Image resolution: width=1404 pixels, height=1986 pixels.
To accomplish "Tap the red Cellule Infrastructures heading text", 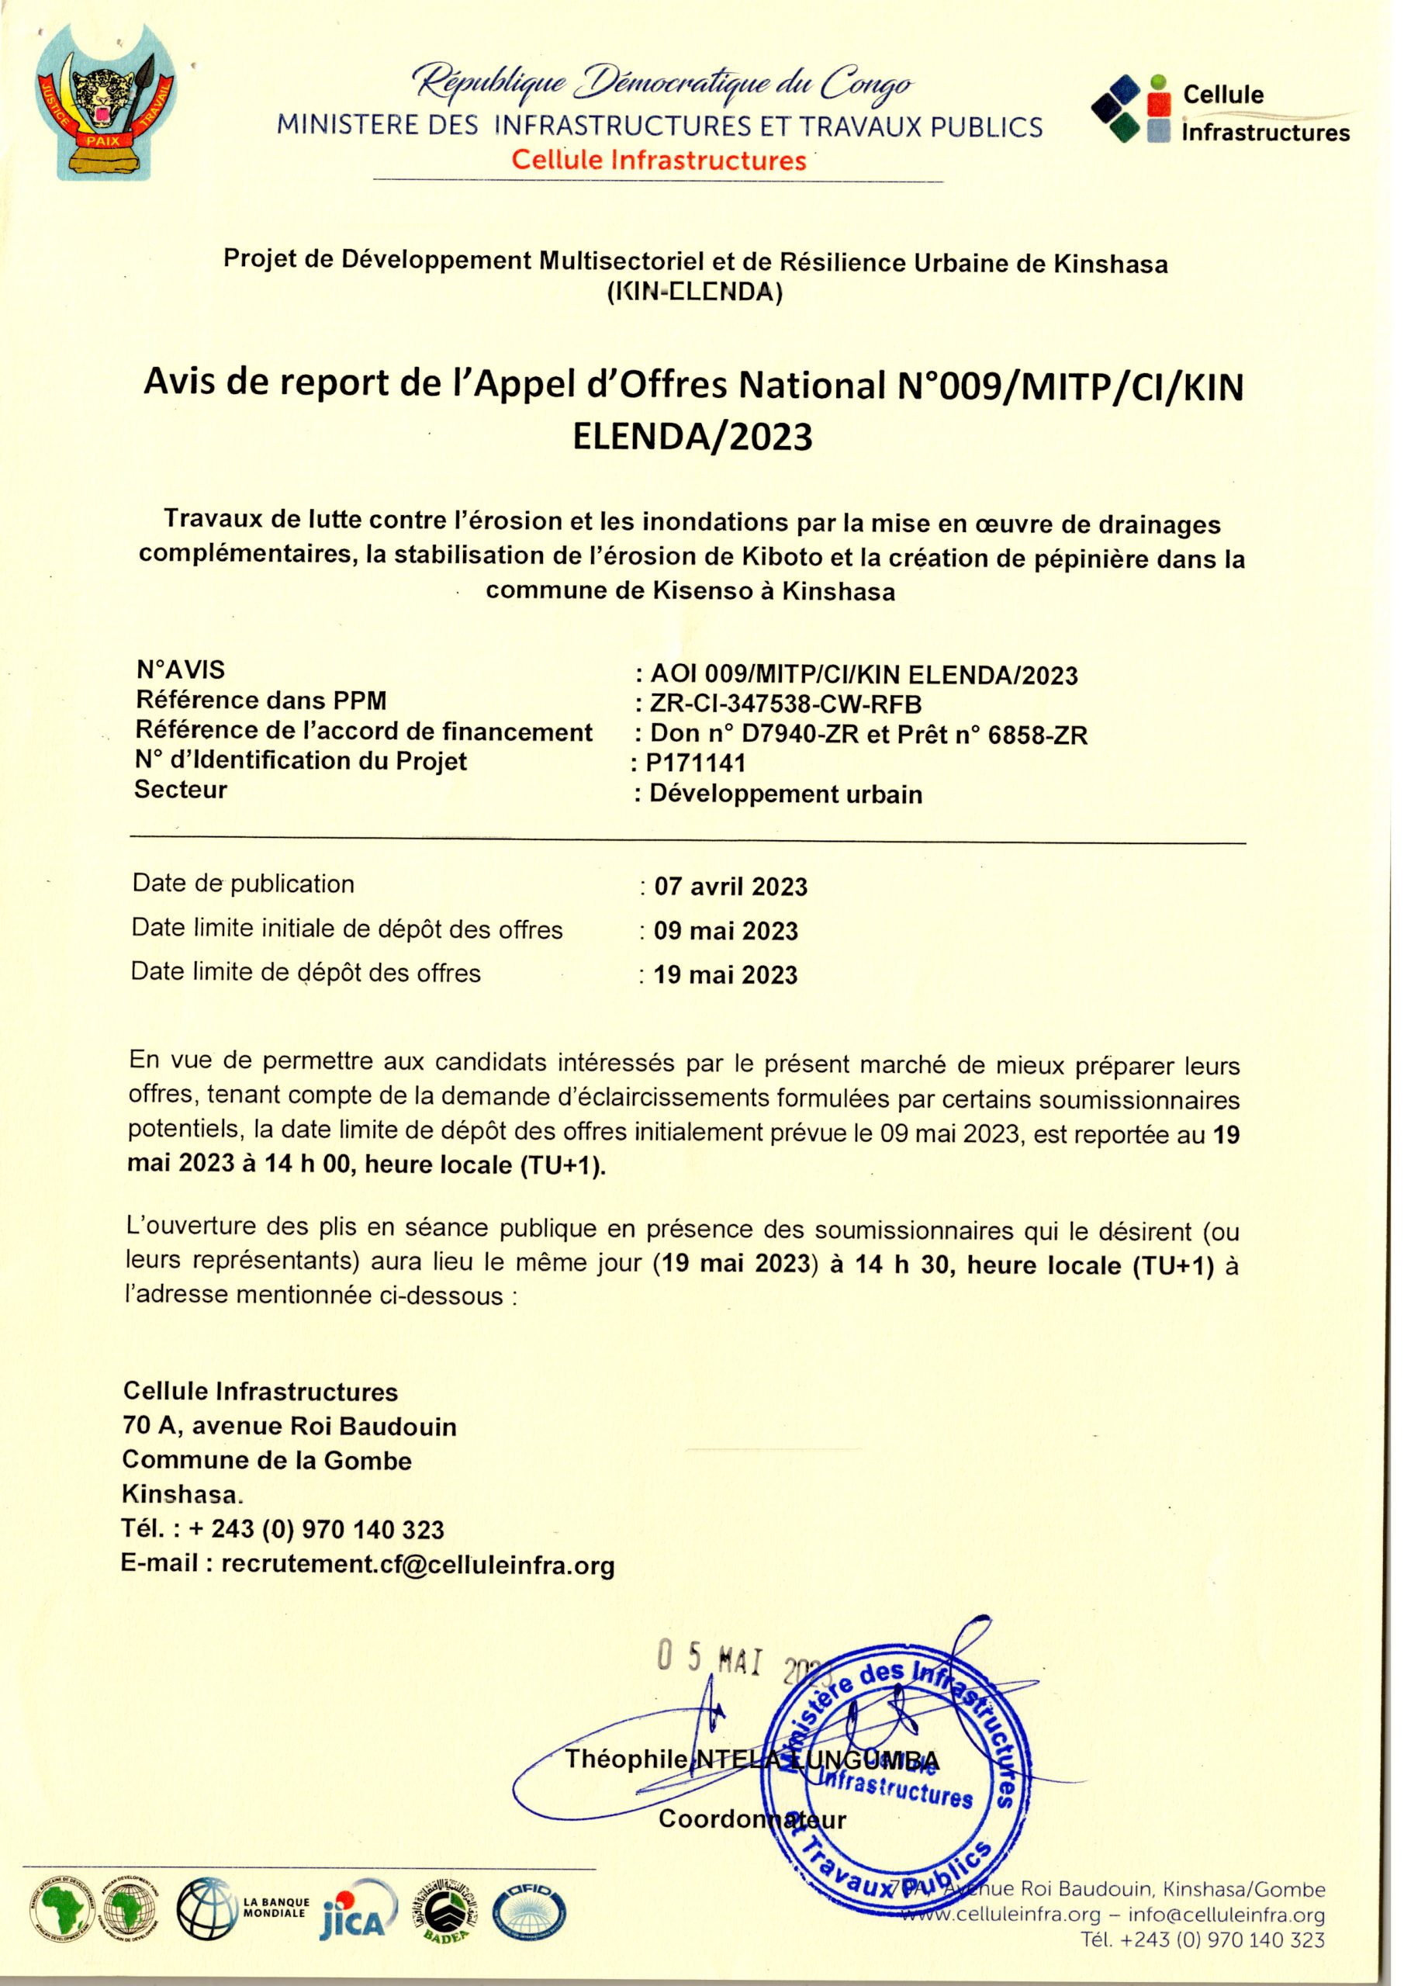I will coord(659,161).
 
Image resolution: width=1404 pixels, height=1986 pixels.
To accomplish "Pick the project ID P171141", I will coord(696,763).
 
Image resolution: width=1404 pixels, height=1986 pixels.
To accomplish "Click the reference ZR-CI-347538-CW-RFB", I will coord(786,704).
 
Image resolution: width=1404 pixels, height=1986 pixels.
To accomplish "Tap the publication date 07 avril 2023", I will coord(730,887).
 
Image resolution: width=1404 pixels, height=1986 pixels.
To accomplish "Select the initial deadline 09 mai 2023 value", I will coord(725,931).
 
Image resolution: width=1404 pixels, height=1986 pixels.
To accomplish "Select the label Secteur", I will coord(181,790).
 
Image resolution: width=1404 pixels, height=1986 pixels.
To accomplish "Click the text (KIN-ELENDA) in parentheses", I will coord(696,292).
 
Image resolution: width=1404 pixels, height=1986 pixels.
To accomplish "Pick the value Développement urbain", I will coord(786,794).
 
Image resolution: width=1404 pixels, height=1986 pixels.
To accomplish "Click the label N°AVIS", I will coord(181,669).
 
